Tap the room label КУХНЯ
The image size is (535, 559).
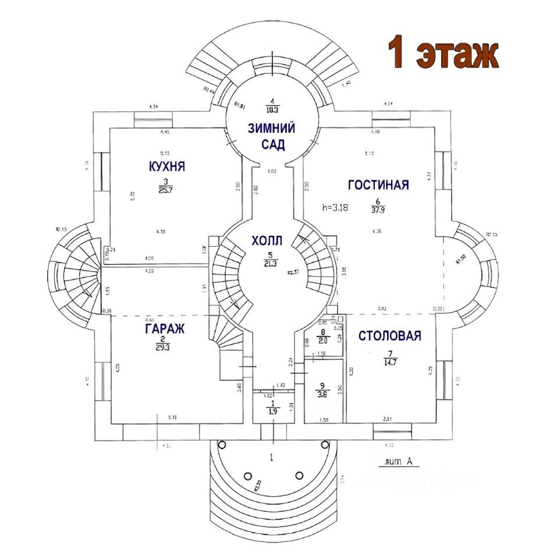point(167,167)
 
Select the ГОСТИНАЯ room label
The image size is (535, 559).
point(378,185)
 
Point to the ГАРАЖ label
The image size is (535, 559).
point(165,329)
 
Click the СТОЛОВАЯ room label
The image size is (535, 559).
point(389,335)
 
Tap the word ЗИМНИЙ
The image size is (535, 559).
point(271,129)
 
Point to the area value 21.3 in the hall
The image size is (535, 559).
point(270,263)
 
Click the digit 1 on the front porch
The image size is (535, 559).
point(271,458)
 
